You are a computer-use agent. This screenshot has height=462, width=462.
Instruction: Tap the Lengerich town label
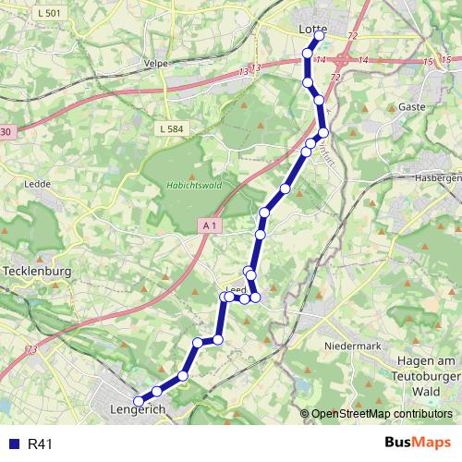click(137, 409)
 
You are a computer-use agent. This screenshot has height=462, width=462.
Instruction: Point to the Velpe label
click(155, 63)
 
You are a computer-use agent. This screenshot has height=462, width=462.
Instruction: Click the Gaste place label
click(411, 107)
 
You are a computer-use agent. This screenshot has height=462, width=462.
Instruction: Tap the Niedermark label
click(354, 345)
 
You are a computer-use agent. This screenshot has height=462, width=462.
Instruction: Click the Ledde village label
click(38, 183)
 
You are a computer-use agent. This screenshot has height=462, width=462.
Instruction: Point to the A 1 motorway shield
click(210, 225)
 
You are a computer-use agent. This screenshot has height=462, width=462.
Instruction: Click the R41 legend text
click(41, 444)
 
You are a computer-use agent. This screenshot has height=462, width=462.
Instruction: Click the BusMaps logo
click(419, 444)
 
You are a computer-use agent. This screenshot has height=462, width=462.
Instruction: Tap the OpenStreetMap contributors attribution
click(380, 414)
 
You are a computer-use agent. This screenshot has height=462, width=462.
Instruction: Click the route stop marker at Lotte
click(320, 36)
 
